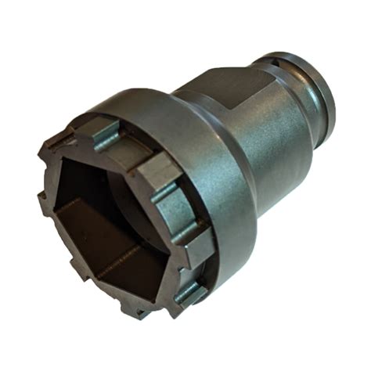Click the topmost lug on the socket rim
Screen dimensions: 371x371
(x=103, y=128)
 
